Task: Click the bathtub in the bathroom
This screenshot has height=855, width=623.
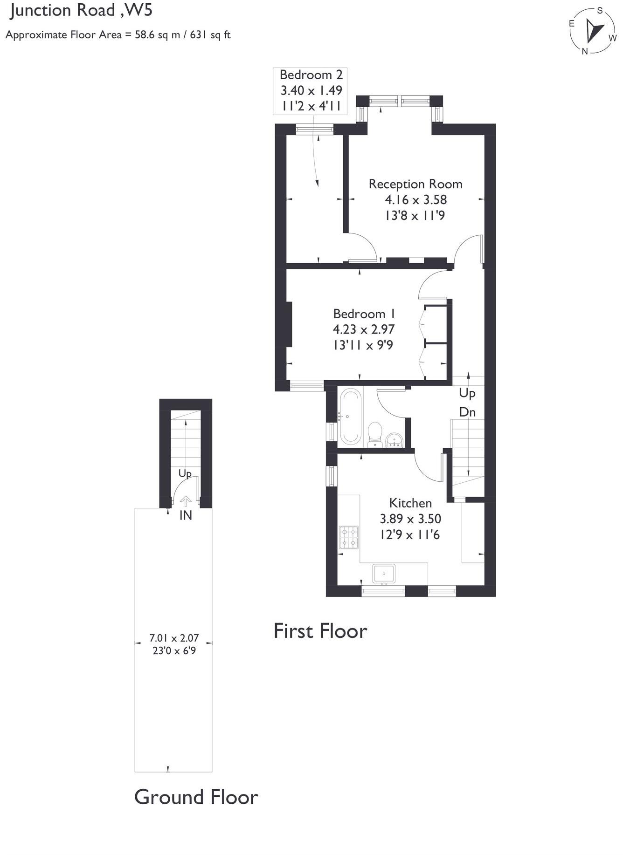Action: click(x=350, y=417)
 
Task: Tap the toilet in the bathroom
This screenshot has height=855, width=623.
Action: click(x=374, y=433)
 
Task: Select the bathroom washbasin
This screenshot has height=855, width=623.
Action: click(x=395, y=440)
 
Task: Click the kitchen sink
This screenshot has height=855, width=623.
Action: click(x=384, y=573)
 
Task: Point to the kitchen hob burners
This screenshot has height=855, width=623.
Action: click(x=349, y=537)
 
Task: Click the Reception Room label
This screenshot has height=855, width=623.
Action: click(x=415, y=184)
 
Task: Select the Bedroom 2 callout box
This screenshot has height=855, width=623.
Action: click(x=311, y=90)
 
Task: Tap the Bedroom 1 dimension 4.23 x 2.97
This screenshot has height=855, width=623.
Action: click(x=364, y=329)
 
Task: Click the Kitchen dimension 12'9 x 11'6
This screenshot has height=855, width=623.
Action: click(x=410, y=535)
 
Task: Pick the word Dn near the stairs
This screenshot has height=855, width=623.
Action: click(x=467, y=412)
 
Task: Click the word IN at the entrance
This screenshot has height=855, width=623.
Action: click(x=186, y=515)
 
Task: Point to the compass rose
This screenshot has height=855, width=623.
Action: click(x=593, y=31)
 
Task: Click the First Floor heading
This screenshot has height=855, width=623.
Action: click(x=320, y=631)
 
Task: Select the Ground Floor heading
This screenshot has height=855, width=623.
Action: click(x=196, y=797)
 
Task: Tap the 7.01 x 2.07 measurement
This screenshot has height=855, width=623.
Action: click(x=174, y=638)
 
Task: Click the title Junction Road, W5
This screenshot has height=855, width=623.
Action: click(x=82, y=10)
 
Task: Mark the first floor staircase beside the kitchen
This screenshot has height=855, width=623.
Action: click(x=467, y=452)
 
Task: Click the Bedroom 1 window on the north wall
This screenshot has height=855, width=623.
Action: click(x=307, y=385)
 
